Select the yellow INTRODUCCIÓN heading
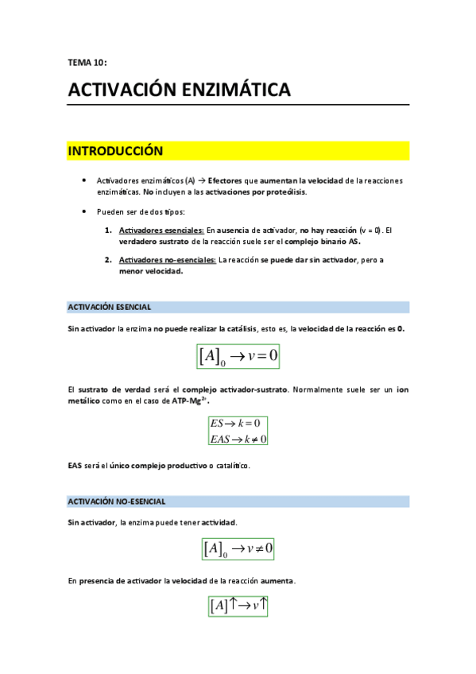pos(115,151)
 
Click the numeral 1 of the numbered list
pos(108,230)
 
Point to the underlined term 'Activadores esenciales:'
pos(161,230)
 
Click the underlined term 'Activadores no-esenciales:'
pos(167,260)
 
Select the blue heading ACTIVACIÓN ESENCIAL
pos(110,307)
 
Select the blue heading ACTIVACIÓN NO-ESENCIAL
pos(117,502)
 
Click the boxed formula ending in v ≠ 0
pos(238,548)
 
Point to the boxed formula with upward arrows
pos(238,606)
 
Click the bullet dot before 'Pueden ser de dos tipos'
pos(84,212)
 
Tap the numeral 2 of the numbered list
pos(108,260)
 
